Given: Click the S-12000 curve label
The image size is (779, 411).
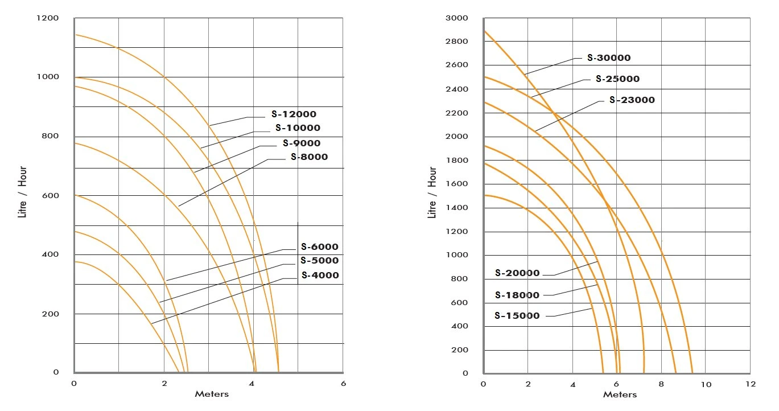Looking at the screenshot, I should tap(294, 114).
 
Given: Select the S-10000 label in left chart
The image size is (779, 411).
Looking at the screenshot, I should tap(298, 128).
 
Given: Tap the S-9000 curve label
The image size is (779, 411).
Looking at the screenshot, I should tap(302, 143).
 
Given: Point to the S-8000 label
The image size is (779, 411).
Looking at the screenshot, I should tap(309, 157).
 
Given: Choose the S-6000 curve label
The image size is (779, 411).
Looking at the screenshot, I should tap(319, 247).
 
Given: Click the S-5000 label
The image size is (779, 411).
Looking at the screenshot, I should tap(319, 261).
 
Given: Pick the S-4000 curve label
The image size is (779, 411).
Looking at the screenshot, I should tap(320, 276).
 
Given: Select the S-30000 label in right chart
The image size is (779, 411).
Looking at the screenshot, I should tap(609, 58).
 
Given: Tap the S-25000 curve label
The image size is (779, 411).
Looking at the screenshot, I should tap(617, 79).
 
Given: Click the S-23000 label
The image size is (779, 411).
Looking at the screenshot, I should tap(632, 100).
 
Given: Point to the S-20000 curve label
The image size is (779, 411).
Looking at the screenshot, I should tap(517, 273).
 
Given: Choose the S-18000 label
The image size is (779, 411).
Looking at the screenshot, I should tap(517, 295).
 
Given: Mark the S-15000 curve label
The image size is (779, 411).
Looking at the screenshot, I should tap(517, 316).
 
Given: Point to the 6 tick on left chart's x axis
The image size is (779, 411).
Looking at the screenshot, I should tap(343, 384).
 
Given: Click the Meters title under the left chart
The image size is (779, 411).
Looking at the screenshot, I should tap(212, 394).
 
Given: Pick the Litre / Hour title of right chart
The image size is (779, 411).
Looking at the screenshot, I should tap(433, 192).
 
